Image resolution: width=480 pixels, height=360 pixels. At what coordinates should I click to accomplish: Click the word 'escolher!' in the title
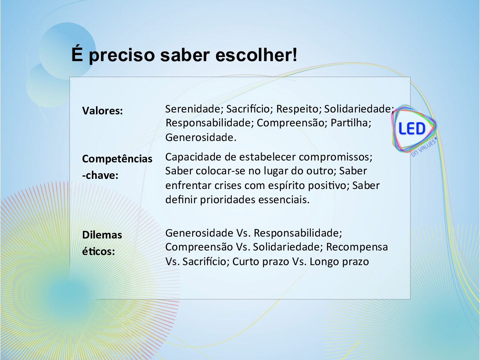pos(256,55)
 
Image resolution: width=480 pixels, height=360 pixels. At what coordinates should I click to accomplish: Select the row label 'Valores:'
pos(102,111)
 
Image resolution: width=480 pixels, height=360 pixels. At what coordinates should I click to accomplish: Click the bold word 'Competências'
pos(117,159)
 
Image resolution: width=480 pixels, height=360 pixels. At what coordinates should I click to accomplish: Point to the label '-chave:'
pos(100,175)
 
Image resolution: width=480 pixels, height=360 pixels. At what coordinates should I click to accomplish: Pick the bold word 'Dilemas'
pos(102,235)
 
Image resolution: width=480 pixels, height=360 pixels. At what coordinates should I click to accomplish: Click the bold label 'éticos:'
pos(98,251)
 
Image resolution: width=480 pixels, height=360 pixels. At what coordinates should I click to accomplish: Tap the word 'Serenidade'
pos(193,109)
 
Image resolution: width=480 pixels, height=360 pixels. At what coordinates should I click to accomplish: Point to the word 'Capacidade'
pos(193,157)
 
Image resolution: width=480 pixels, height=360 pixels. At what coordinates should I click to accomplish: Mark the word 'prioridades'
pos(227,199)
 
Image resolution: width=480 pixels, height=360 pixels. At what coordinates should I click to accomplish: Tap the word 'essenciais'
pos(282,199)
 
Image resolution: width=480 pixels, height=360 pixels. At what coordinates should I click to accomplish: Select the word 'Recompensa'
pos(357,247)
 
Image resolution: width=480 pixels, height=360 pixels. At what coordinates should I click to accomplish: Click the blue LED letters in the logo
pos(412,129)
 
